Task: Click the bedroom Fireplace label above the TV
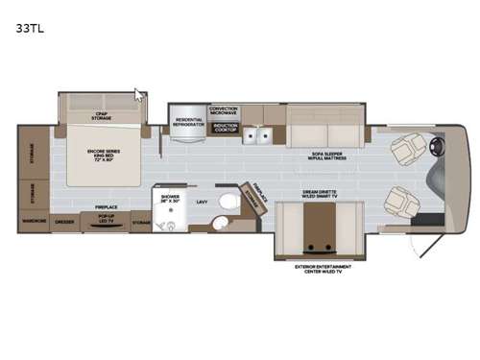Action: click(107, 205)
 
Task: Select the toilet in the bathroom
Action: click(227, 201)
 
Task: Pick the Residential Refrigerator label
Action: click(188, 122)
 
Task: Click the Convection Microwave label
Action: click(224, 110)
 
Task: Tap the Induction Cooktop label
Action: click(224, 127)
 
